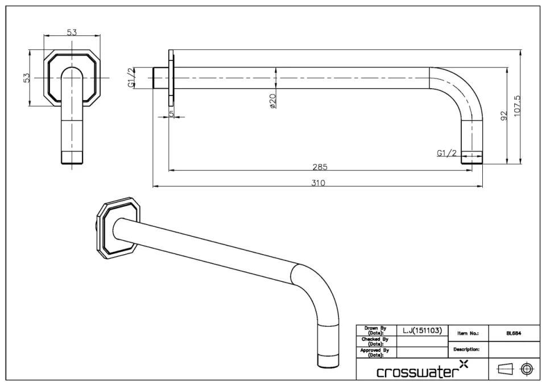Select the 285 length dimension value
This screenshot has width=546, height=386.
320,167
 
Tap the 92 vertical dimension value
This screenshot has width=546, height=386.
503,116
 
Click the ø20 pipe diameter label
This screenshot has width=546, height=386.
272,101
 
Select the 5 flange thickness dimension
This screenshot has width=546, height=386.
171,114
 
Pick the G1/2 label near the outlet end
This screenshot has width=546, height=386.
446,153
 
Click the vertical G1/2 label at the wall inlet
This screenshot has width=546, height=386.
130,78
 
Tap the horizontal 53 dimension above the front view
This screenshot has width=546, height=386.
72,32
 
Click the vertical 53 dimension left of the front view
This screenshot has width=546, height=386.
26,77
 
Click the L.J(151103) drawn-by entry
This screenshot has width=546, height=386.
422,330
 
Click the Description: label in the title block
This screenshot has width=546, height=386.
466,350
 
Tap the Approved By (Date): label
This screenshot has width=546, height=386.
375,352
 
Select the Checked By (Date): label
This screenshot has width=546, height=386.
375,341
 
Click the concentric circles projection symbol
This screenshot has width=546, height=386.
527,370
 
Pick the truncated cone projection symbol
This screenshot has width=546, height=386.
505,370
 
